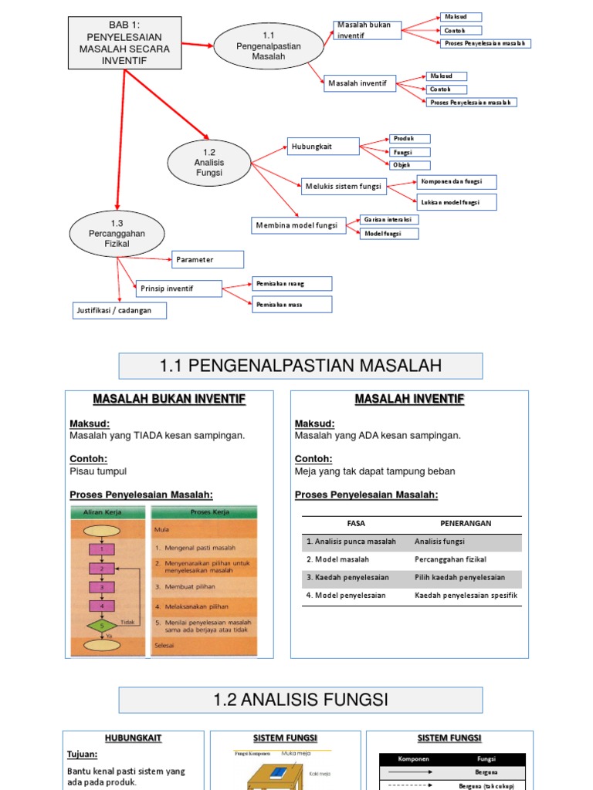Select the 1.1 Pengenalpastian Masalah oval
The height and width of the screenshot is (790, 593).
pos(269,46)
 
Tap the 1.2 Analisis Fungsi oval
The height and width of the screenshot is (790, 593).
pos(208,163)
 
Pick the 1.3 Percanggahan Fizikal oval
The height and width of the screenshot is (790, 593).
pos(117,233)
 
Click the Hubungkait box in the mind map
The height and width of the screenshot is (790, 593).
pos(324,147)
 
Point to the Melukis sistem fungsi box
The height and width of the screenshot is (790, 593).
pos(344,186)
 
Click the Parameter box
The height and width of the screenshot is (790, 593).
pos(208,259)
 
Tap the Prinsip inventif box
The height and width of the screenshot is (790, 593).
pos(179,289)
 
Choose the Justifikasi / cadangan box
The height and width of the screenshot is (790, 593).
pos(120,310)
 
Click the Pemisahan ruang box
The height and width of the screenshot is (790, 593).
pos(293,284)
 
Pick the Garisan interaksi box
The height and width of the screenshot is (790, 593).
pos(389,220)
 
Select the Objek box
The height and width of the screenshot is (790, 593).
pos(410,165)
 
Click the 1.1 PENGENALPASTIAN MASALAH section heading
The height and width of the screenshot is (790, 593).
pos(300,366)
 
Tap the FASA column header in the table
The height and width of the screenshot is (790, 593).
pos(356,523)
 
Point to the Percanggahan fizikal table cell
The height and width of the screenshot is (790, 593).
pos(450,559)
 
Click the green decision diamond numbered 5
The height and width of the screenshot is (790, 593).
pos(100,626)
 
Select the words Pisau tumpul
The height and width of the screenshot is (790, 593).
pos(98,471)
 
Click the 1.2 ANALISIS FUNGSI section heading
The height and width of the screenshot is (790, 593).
pos(300,700)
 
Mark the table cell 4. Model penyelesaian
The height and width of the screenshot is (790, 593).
pos(346,596)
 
